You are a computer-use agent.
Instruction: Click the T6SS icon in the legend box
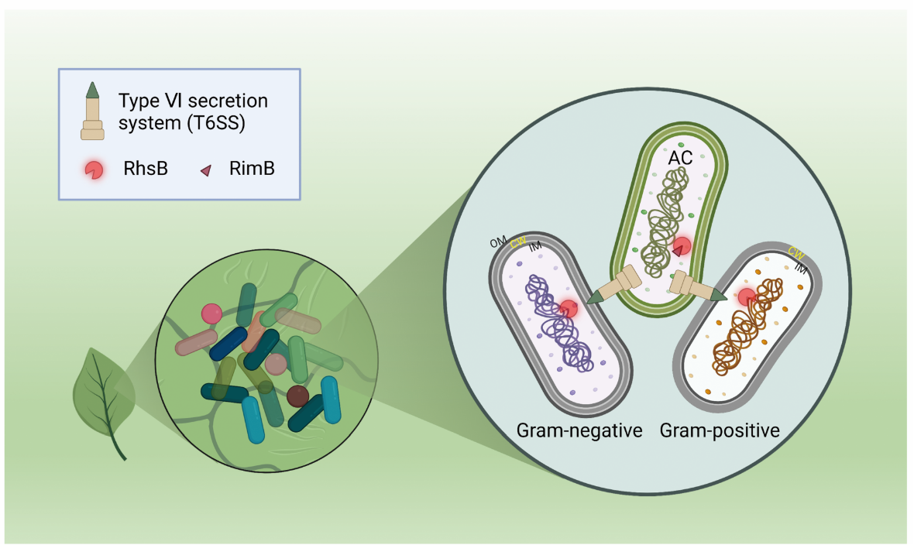coord(92,111)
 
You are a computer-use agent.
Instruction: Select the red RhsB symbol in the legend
coord(94,170)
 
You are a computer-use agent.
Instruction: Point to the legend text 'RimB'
coord(252,170)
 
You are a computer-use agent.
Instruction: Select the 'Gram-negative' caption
coord(579,430)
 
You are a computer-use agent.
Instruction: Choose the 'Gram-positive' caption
coord(720,430)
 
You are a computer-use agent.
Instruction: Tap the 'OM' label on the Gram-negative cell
coord(498,242)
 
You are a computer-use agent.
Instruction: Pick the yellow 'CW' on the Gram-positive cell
coord(795,252)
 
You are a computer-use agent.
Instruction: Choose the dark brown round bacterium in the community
coord(297,396)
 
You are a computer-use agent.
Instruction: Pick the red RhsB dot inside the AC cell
coord(682,247)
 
